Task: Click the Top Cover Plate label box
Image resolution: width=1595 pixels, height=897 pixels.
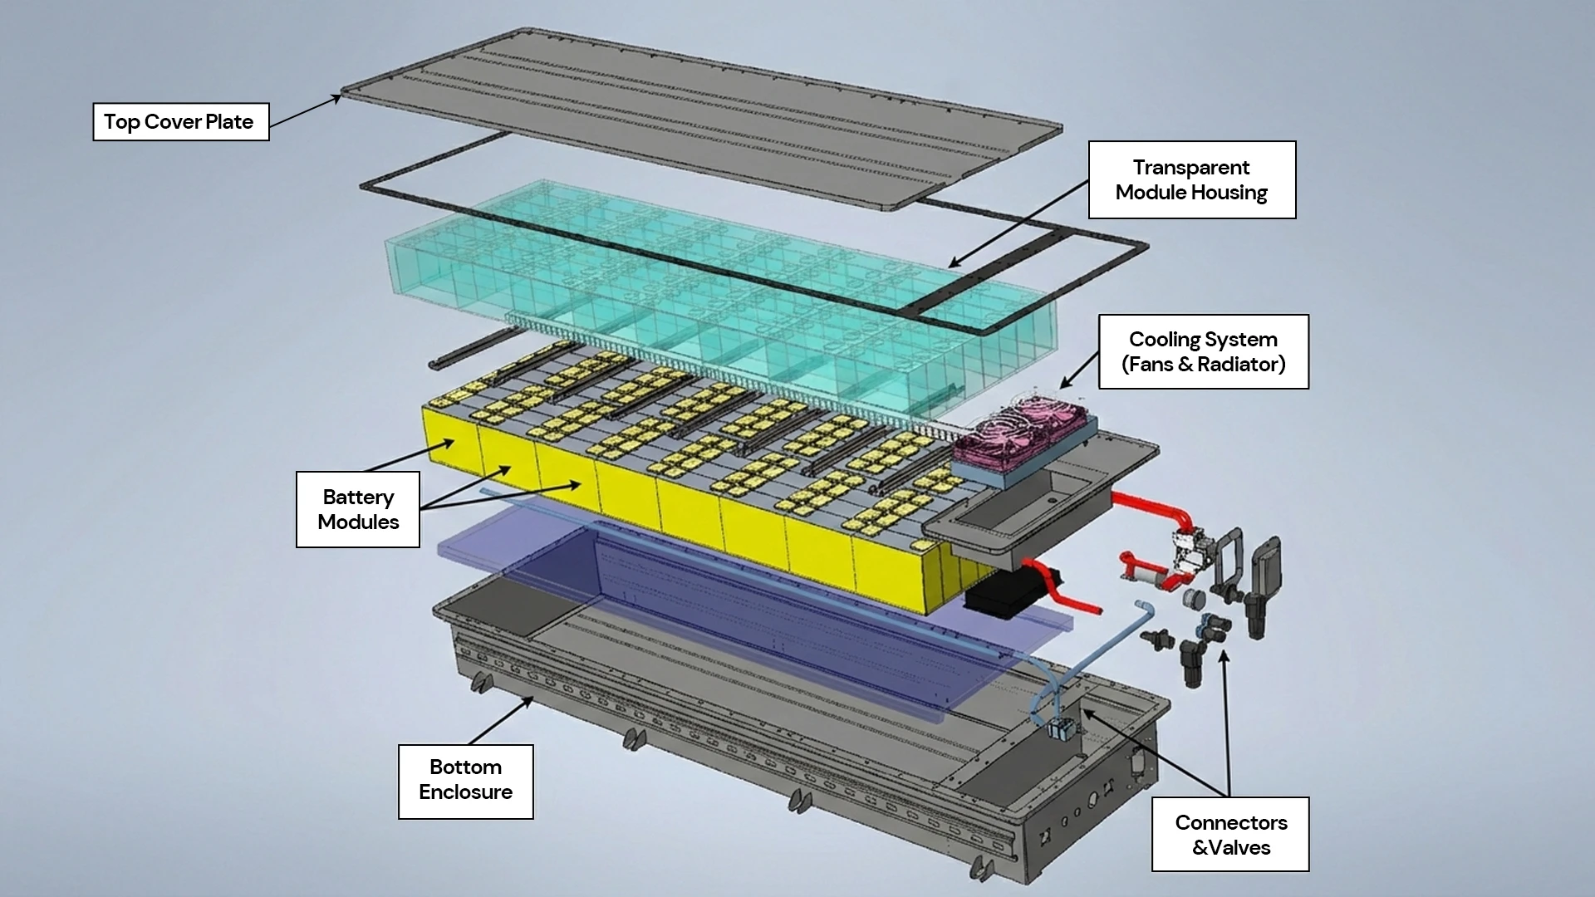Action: (x=180, y=122)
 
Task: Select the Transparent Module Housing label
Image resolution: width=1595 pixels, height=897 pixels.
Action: (x=1191, y=180)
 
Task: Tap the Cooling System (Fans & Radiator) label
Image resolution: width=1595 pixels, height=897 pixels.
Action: (x=1203, y=351)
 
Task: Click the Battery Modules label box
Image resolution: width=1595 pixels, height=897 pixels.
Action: (x=358, y=509)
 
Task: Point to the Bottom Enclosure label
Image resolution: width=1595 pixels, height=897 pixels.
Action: (x=465, y=781)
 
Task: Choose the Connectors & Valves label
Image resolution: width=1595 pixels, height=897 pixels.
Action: (x=1230, y=834)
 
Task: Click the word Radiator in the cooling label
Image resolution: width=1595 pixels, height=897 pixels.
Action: (x=1239, y=365)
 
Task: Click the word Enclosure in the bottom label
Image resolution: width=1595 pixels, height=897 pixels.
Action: (x=465, y=792)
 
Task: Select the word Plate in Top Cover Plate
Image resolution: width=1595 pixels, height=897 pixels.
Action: (x=228, y=122)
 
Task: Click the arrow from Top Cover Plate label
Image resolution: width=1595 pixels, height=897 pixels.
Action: (x=304, y=111)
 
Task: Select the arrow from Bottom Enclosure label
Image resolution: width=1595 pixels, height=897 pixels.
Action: (x=500, y=721)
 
